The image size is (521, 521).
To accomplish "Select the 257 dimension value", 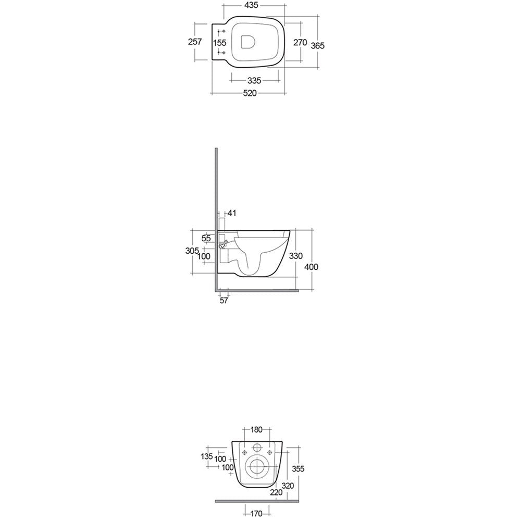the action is click(x=195, y=42).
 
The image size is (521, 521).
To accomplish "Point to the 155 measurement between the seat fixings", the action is click(x=220, y=43).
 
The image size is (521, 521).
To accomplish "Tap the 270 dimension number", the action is click(x=300, y=43).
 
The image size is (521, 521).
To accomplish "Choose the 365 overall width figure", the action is click(x=318, y=46).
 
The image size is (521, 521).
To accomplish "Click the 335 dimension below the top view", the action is click(x=254, y=81).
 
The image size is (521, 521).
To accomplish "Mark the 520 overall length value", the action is click(x=250, y=93).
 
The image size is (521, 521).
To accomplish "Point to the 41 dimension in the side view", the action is click(x=232, y=213).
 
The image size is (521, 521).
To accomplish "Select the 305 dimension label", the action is click(x=192, y=251).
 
